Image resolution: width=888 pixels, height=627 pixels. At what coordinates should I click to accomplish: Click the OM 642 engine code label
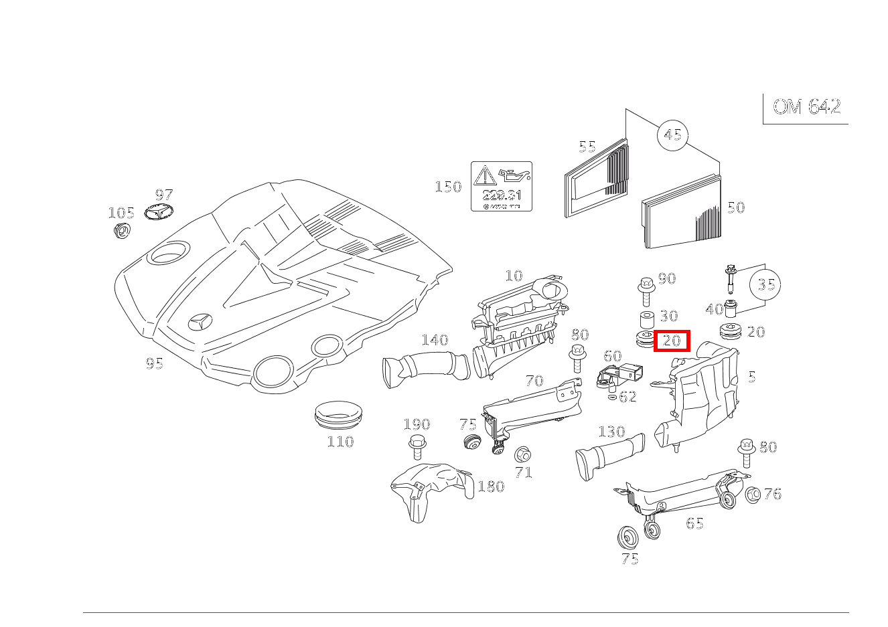pos(806,107)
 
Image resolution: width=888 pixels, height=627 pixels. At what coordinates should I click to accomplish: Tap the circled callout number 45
pos(672,135)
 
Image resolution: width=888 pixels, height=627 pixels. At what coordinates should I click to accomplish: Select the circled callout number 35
pos(765,284)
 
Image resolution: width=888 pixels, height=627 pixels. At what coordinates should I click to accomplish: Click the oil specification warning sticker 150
pos(501,186)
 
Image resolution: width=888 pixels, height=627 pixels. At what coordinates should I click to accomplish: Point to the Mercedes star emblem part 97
pos(159,214)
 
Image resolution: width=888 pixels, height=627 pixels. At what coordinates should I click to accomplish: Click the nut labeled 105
pos(121,231)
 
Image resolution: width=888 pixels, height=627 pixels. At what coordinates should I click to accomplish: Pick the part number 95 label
pos(155,363)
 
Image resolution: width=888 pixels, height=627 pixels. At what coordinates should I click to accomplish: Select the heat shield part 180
pos(429,488)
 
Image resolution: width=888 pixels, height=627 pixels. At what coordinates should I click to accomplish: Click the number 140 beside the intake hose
pos(434,340)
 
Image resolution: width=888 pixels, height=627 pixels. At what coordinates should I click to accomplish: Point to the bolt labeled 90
pos(646,287)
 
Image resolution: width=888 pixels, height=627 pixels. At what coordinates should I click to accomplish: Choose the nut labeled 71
pos(522,455)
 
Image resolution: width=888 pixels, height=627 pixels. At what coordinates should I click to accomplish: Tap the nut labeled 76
pos(752,495)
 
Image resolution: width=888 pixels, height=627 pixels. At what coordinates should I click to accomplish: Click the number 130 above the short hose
pos(611,432)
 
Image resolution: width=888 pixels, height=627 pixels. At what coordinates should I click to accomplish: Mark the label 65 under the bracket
pos(694,523)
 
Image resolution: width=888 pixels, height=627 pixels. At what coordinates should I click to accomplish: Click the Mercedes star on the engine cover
pos(199,322)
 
